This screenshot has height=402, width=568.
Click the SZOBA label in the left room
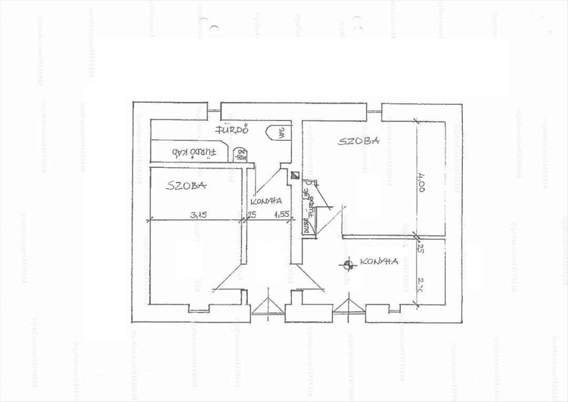(186, 186)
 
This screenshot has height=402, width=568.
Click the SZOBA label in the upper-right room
(358, 141)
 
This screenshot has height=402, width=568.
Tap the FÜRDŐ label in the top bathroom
(232, 130)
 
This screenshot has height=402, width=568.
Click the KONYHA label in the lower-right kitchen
(378, 261)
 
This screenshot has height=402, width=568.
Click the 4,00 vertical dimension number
(421, 182)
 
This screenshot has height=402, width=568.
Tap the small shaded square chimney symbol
(295, 175)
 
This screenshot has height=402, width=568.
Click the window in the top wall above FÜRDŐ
(214, 111)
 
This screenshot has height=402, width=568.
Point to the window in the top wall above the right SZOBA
(374, 111)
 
